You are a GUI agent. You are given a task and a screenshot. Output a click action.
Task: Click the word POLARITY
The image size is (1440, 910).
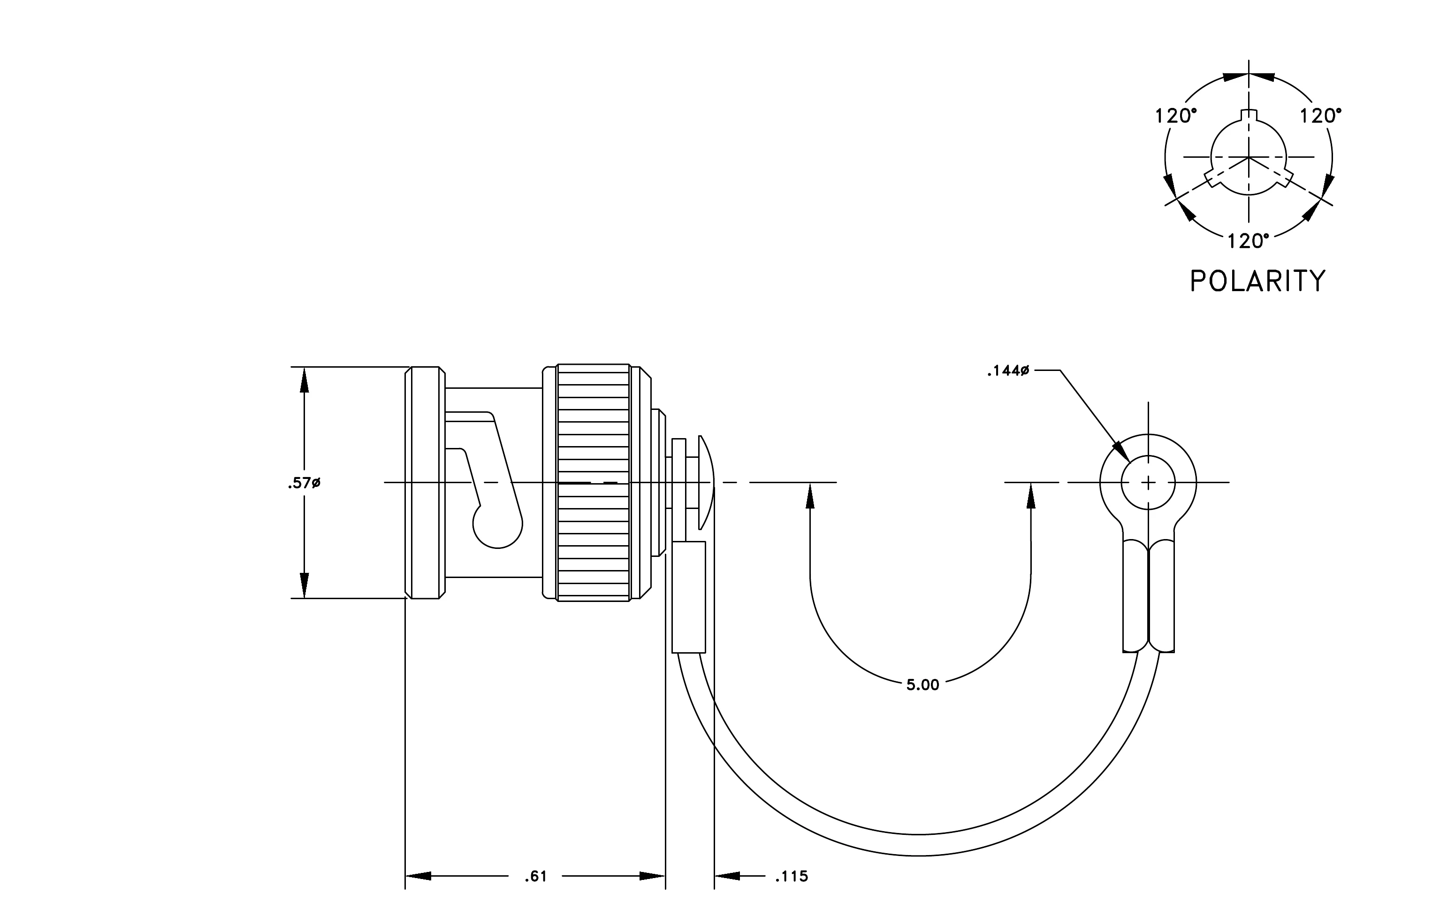pos(1257,281)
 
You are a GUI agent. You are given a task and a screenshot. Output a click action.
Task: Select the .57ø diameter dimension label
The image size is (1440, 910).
pos(304,482)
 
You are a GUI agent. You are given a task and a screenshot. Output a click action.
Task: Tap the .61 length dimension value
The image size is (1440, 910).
pos(536,877)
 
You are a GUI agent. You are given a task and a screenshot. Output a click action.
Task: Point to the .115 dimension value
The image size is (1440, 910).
pos(791,877)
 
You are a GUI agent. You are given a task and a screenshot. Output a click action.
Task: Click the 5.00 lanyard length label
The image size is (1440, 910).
pos(923,685)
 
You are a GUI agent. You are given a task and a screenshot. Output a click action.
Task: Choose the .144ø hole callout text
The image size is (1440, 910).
pos(1008,371)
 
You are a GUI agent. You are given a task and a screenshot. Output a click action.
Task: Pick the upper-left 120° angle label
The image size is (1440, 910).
pos(1176,116)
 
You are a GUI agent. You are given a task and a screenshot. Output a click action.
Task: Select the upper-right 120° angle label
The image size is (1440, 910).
pos(1320,116)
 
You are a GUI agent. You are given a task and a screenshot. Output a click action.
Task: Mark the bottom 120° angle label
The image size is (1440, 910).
pos(1249,241)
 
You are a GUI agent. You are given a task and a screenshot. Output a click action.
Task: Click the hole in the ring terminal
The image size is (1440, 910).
pos(1148,482)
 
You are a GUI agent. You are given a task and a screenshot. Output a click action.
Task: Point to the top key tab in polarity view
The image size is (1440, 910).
pos(1249,116)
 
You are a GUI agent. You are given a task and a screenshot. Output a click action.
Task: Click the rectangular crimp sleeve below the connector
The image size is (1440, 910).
pos(689,596)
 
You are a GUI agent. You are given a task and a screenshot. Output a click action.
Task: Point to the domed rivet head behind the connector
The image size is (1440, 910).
pos(707,482)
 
